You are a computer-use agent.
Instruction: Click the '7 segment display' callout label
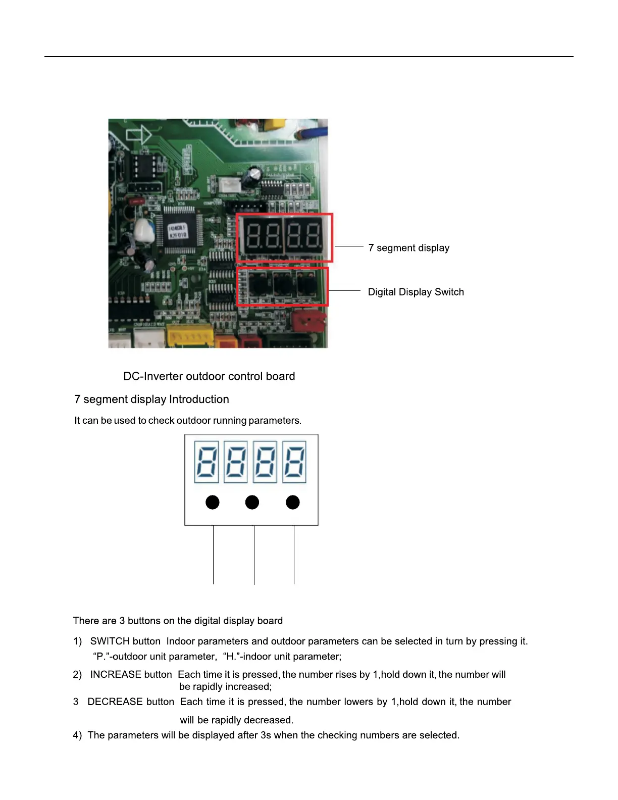[x=408, y=248]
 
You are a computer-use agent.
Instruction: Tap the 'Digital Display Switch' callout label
[x=416, y=292]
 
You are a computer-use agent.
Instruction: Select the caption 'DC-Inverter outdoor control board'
[x=209, y=376]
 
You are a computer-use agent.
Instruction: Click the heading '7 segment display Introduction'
[x=151, y=399]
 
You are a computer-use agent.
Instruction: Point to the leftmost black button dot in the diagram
[x=213, y=503]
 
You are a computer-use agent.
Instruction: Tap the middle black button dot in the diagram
[x=252, y=503]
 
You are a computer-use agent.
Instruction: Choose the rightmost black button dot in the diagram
[x=293, y=503]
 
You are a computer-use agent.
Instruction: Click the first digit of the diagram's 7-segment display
[x=207, y=462]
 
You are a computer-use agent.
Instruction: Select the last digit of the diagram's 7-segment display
[x=294, y=462]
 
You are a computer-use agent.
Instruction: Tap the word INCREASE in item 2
[x=114, y=675]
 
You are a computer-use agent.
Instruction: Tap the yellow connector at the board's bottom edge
[x=190, y=336]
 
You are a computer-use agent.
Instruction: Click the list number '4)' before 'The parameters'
[x=77, y=735]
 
